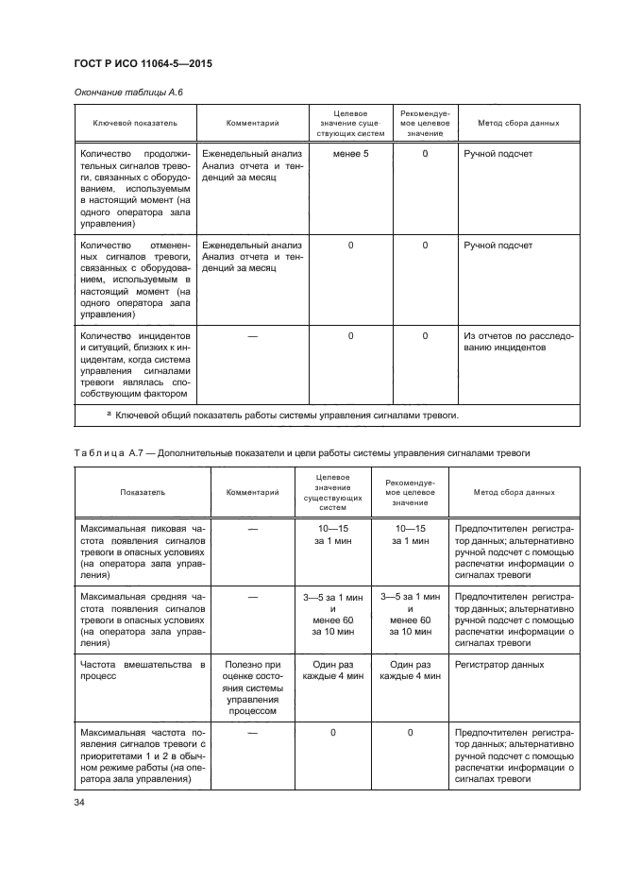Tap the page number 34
coord(79,802)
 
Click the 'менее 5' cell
coord(350,153)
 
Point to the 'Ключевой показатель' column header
coord(130,123)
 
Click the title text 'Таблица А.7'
coord(108,453)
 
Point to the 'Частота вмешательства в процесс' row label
coord(143,671)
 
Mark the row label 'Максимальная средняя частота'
coord(143,620)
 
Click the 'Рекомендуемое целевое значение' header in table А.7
coord(410,493)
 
